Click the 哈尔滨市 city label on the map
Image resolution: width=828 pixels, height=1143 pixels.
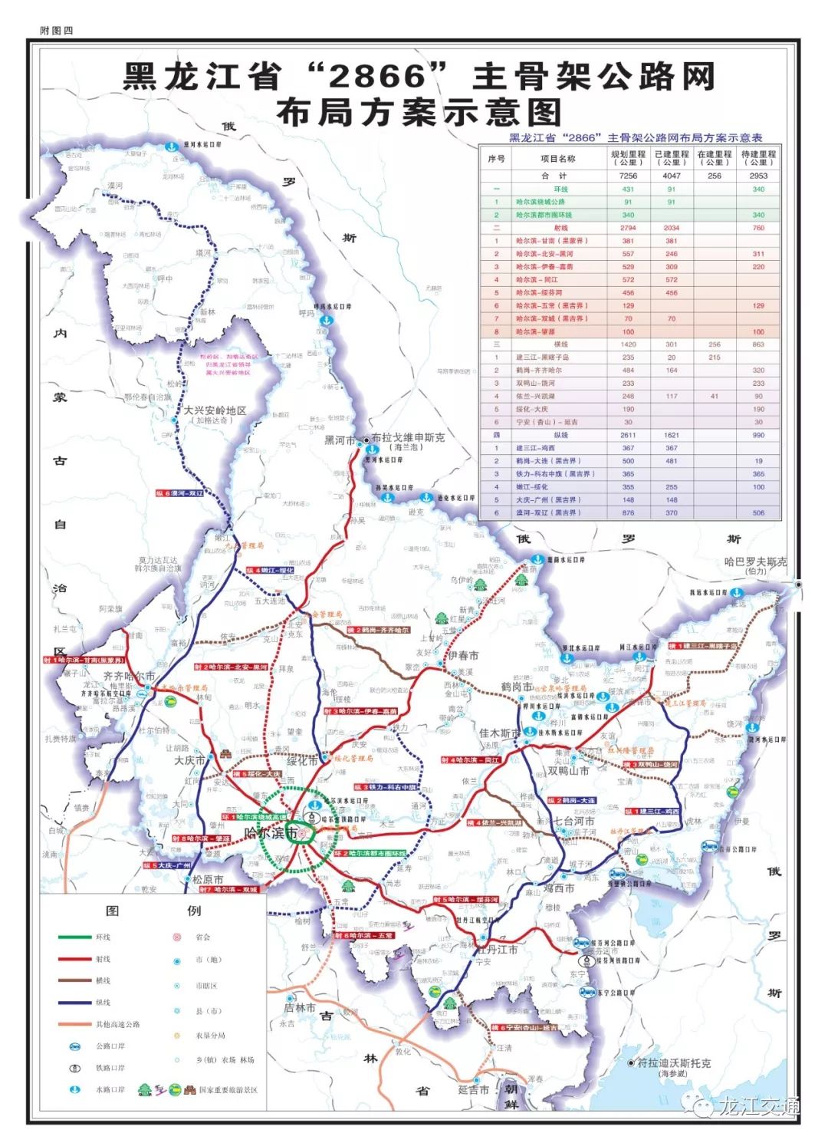(x=271, y=833)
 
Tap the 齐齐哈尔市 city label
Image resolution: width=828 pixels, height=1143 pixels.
(x=129, y=677)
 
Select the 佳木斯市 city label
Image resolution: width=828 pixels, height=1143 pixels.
(x=499, y=733)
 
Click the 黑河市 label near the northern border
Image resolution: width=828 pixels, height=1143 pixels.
(x=340, y=440)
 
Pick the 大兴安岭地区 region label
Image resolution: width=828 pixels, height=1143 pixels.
(x=215, y=411)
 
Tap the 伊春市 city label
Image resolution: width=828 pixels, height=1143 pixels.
(x=463, y=656)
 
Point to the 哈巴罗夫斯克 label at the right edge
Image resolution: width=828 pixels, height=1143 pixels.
(x=755, y=562)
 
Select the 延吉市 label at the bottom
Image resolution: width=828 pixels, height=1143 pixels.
(x=473, y=1089)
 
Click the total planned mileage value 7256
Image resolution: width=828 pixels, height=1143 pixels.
(x=628, y=176)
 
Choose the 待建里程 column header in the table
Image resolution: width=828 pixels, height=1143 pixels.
(x=757, y=158)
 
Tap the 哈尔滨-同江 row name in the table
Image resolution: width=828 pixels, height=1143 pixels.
(x=537, y=280)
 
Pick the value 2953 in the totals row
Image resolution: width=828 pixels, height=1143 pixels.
(x=757, y=176)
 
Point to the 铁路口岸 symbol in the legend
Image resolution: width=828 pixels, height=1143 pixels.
(x=75, y=1068)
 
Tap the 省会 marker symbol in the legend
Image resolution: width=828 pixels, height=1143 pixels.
(x=177, y=937)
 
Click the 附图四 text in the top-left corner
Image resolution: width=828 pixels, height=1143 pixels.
(x=56, y=30)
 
